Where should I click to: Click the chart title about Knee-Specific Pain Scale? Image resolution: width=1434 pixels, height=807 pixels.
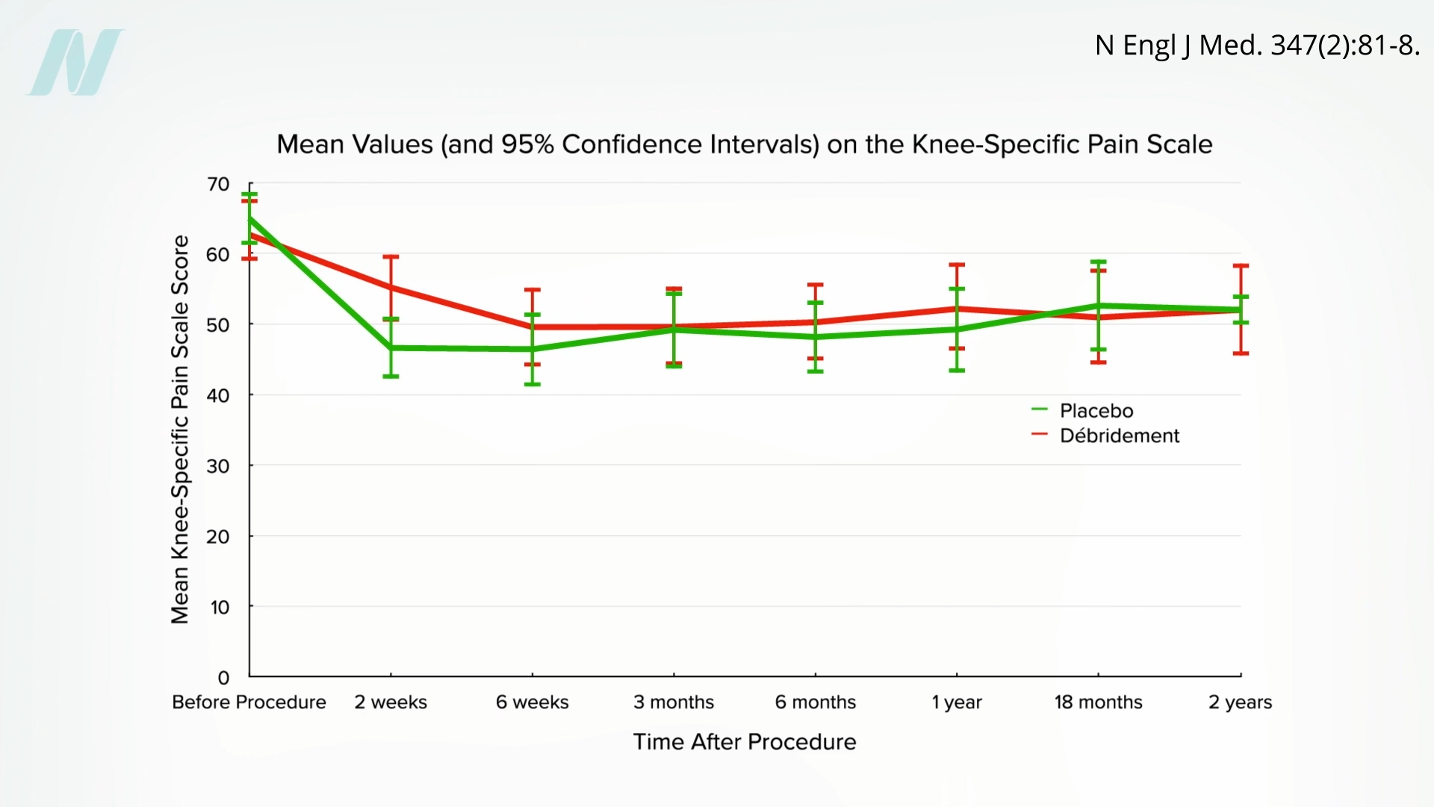(x=744, y=144)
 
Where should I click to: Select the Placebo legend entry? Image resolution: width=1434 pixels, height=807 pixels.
(x=1096, y=410)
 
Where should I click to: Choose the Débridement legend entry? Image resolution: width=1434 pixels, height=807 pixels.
(x=1119, y=436)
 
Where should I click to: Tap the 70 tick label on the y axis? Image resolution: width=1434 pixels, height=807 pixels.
(x=218, y=184)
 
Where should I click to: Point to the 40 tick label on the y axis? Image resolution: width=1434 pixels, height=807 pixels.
(x=218, y=395)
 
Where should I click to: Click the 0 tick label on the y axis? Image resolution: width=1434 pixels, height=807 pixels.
(x=223, y=678)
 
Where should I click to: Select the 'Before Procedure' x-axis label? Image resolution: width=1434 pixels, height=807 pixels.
(x=249, y=702)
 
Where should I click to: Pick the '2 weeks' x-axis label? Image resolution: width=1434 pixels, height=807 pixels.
(x=391, y=702)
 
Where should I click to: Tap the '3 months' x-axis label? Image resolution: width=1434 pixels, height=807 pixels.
(x=674, y=702)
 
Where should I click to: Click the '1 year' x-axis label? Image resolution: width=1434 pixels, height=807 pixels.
(x=957, y=702)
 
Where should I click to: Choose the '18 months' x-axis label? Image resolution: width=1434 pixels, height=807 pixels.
(x=1098, y=702)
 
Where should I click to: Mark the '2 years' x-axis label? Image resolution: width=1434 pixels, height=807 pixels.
(x=1240, y=702)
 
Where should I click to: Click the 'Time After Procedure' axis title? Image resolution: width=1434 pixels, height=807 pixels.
(x=745, y=742)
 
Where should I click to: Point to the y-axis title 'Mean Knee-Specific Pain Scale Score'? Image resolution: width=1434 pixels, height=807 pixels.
(x=180, y=430)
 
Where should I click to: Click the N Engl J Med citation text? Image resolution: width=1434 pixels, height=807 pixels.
(x=1257, y=46)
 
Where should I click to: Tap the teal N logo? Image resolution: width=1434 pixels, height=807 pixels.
(x=77, y=62)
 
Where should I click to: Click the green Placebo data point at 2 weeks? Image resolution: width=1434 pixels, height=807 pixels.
(x=391, y=347)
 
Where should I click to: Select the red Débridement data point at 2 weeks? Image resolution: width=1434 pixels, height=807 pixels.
(x=391, y=287)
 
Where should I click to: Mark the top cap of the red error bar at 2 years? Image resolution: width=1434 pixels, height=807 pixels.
(x=1241, y=265)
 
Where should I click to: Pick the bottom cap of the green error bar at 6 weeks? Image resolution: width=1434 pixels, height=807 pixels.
(x=532, y=384)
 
